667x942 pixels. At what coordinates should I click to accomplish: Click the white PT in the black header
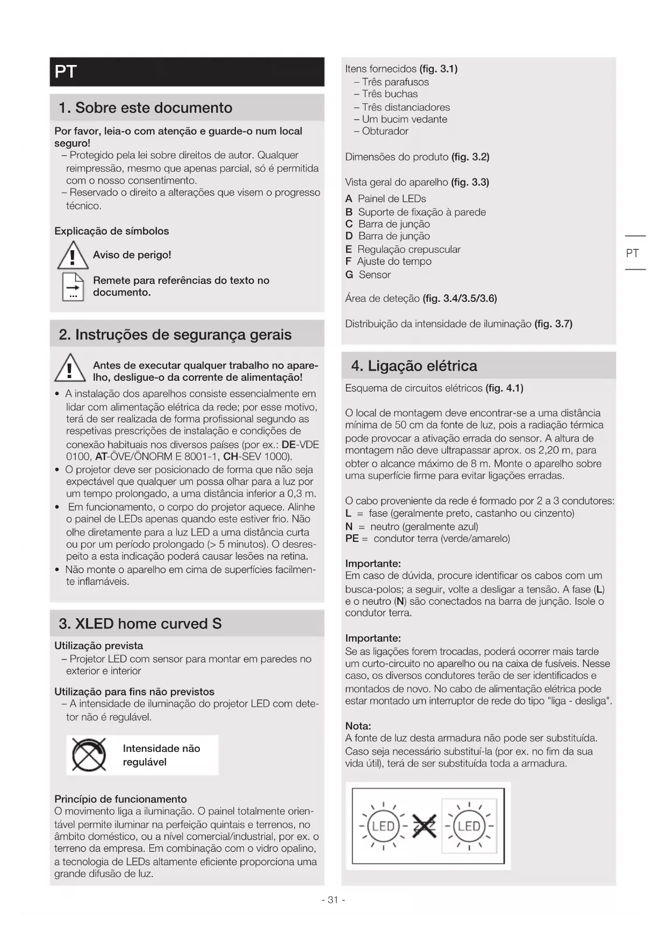(66, 72)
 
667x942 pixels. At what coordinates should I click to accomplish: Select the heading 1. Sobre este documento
(145, 108)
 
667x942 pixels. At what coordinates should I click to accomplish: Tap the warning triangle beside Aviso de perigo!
(73, 256)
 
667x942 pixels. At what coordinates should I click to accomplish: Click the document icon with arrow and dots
(73, 287)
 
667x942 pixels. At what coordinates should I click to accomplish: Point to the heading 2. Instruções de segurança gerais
(175, 335)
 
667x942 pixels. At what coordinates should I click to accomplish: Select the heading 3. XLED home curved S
(140, 624)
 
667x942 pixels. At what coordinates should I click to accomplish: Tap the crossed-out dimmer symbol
(89, 755)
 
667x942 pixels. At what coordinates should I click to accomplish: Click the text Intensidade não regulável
(161, 755)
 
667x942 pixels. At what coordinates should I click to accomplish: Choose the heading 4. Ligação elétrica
(414, 366)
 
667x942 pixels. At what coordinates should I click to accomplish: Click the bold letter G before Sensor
(349, 275)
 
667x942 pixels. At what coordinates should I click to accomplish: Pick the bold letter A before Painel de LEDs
(349, 199)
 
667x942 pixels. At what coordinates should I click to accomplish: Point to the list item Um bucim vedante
(404, 119)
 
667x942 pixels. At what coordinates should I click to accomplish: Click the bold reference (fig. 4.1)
(504, 388)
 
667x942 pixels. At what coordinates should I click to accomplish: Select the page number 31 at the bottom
(333, 900)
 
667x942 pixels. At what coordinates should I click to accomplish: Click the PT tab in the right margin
(633, 253)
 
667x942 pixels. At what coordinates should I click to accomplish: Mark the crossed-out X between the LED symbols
(424, 827)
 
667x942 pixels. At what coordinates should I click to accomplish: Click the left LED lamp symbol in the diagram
(383, 827)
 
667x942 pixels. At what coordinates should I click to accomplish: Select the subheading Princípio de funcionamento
(120, 799)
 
